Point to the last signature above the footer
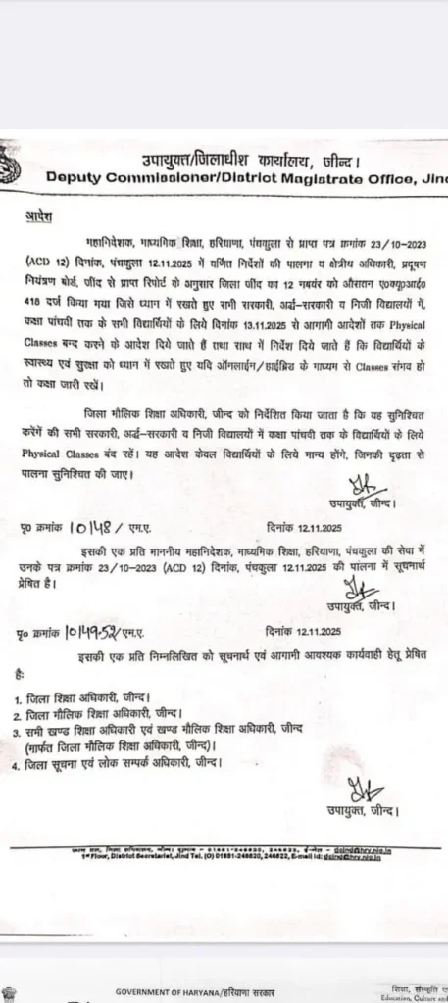pyautogui.click(x=356, y=790)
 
